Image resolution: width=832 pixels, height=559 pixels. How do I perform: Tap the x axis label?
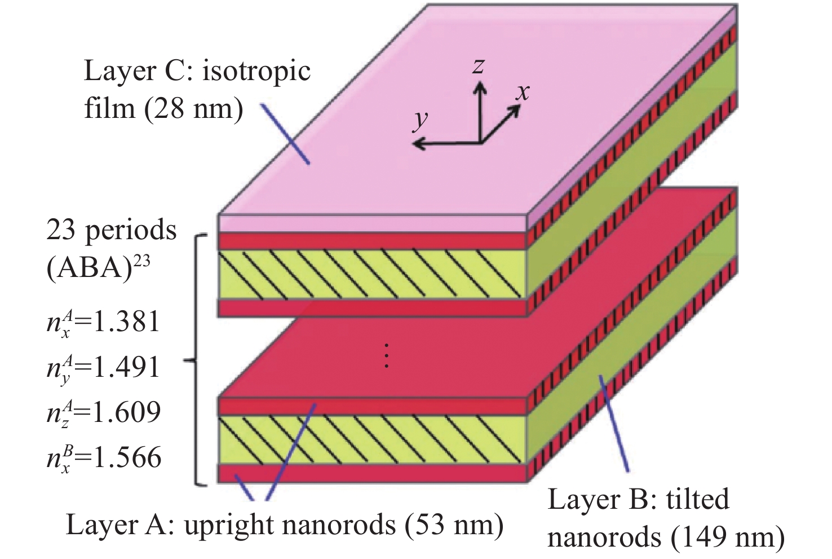pos(523,92)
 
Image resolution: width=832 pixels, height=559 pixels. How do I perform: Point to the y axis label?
pos(421,121)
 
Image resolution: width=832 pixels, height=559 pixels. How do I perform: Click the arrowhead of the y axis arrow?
pos(419,143)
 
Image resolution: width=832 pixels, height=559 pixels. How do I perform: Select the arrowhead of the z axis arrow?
pos(481,87)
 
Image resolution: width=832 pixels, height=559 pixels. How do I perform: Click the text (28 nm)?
pos(193,109)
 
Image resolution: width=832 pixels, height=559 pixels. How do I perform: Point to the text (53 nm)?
pos(454,525)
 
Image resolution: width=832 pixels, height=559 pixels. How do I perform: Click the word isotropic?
pos(256,72)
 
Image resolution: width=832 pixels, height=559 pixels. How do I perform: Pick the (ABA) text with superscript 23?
pos(98,267)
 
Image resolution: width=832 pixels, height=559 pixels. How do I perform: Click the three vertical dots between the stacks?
pos(387,356)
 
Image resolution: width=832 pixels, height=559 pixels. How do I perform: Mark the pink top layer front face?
pos(372,224)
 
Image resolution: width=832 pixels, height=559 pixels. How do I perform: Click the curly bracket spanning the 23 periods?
pos(196,360)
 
